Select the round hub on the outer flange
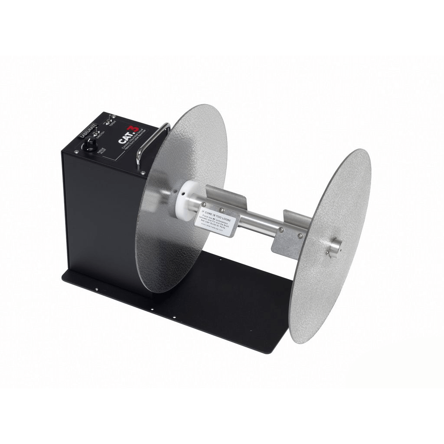pos(334,247)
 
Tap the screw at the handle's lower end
pos(143,173)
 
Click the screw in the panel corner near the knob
pos(76,151)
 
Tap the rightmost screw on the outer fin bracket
pos(300,236)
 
